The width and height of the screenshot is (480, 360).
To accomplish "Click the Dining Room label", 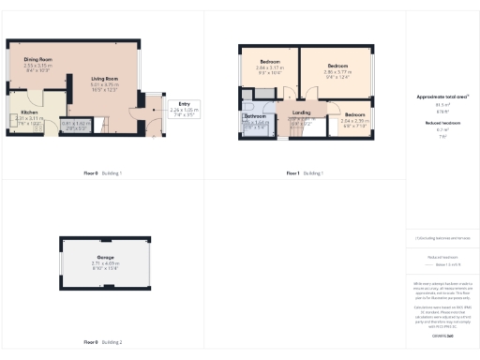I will [38, 60].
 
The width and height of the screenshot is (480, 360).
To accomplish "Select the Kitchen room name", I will [30, 112].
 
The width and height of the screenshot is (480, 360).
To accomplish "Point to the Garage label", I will [105, 256].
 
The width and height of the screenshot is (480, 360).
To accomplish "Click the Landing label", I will [301, 113].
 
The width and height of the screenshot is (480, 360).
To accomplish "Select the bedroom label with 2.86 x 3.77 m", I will [337, 66].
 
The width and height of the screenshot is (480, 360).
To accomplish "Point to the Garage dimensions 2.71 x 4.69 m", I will [105, 263].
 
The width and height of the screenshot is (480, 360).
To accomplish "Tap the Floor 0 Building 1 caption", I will [103, 173].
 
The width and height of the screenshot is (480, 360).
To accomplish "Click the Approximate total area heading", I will [442, 97].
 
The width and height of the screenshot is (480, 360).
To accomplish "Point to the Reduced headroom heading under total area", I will [442, 123].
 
